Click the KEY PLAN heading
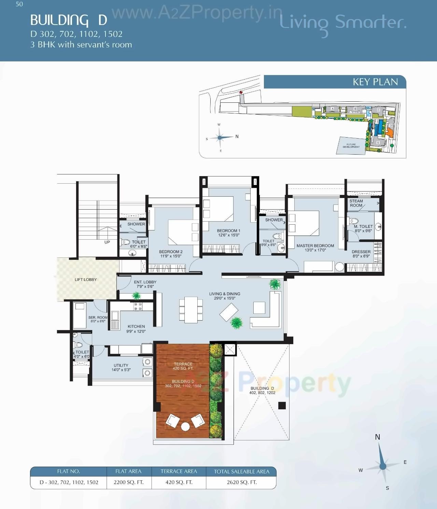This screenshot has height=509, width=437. (375, 82)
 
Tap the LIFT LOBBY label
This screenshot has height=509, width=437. (86, 280)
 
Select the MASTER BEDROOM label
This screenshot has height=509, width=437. (315, 248)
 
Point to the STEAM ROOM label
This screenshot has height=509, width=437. (356, 203)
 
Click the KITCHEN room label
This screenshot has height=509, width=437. (136, 329)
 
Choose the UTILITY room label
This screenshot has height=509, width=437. (121, 367)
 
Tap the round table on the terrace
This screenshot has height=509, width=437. (185, 426)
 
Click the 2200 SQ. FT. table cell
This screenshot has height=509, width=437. (129, 482)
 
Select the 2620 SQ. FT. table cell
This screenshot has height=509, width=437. (242, 482)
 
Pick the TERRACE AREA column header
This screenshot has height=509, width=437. (179, 471)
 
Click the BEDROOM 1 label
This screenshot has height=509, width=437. (228, 233)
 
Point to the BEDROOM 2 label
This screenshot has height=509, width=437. (171, 254)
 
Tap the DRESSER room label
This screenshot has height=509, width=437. (361, 254)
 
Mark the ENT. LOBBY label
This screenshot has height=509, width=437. (145, 284)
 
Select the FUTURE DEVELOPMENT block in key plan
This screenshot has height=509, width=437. (351, 146)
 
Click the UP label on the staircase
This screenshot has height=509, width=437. (107, 242)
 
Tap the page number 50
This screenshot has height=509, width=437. (19, 4)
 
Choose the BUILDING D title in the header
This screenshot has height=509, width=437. (69, 20)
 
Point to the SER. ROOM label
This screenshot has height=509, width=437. (98, 319)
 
